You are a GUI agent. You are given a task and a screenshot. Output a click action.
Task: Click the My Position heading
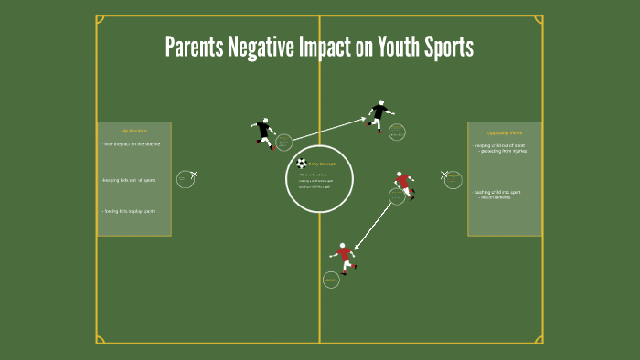[133, 131]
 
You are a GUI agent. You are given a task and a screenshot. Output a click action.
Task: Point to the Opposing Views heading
[505, 132]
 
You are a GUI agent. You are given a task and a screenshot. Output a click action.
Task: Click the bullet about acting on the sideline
[131, 144]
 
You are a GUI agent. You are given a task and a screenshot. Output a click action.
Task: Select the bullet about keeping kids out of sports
[129, 180]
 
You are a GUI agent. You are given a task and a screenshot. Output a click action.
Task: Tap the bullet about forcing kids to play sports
[129, 211]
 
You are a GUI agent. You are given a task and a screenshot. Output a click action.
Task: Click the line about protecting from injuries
[502, 151]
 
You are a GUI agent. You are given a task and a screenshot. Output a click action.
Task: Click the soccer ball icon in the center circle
[302, 164]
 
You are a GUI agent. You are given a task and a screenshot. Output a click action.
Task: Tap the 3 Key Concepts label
[323, 164]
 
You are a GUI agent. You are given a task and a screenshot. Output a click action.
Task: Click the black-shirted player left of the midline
[265, 132]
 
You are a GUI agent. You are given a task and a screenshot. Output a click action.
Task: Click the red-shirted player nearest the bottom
[345, 257]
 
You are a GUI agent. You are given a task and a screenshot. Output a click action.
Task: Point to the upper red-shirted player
[403, 184]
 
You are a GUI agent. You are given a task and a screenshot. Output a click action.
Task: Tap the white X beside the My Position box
[194, 174]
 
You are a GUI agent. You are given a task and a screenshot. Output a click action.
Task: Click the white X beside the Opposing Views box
[444, 174]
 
